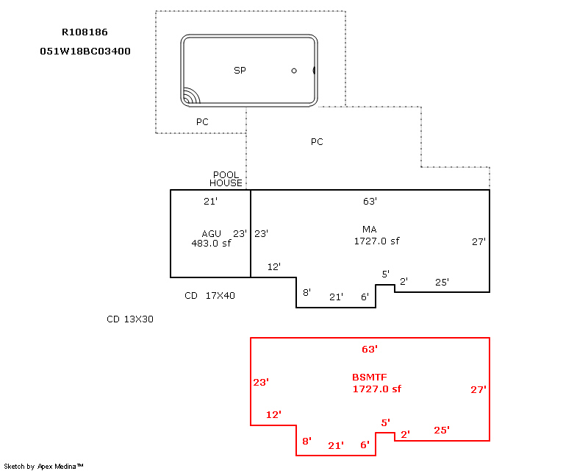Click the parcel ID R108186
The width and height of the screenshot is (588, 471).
[85, 32]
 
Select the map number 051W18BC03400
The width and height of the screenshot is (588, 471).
[85, 51]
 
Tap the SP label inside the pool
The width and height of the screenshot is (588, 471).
[240, 70]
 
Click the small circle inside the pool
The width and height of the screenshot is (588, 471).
[294, 71]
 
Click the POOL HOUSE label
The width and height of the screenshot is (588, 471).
[226, 179]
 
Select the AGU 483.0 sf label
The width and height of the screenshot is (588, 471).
[211, 238]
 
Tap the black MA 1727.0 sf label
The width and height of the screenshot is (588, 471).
[376, 235]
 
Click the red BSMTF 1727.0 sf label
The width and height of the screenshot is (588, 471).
[376, 383]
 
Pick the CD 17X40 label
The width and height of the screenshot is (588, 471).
[209, 296]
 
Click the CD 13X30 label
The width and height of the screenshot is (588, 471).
[130, 319]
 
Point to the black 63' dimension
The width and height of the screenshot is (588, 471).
[370, 202]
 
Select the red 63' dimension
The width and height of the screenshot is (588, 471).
[370, 350]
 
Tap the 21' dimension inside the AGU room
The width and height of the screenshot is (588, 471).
[210, 202]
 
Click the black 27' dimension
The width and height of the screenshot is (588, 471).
[478, 241]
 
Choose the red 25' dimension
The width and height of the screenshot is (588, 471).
[442, 430]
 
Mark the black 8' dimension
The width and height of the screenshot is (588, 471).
[306, 292]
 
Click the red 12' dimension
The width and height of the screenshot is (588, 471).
[273, 414]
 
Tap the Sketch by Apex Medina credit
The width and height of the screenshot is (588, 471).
[43, 467]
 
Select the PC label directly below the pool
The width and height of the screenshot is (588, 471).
[202, 122]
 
